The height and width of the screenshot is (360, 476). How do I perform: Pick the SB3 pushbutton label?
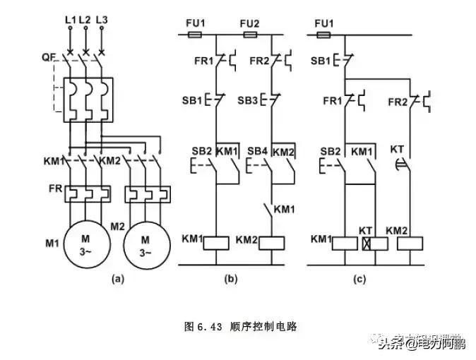click(x=247, y=101)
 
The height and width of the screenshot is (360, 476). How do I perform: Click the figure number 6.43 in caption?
click(x=210, y=327)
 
